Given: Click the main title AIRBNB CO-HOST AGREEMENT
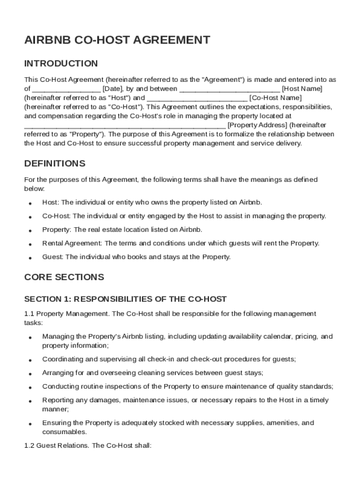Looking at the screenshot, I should tap(117, 40).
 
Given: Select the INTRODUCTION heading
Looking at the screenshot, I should tap(61, 64).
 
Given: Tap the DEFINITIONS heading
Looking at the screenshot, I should tap(55, 163).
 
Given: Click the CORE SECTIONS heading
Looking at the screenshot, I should tap(64, 277).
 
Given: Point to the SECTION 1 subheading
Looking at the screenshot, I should tap(125, 299).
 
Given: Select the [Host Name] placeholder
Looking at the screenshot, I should tap(302, 89).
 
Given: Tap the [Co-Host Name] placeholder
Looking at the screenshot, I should tap(275, 98).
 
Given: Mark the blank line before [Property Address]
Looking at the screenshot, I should tap(125, 125).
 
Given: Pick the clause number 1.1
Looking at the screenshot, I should tap(29, 313).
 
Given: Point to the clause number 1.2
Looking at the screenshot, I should tap(29, 446).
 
